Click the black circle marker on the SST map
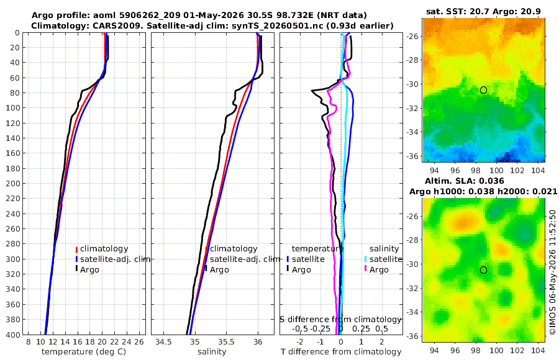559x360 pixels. coord(483,90)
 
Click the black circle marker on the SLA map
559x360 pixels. coord(483,270)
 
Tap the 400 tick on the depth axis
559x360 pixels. coord(13,335)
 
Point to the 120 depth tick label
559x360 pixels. coord(13,123)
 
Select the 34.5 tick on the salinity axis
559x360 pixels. coord(163,342)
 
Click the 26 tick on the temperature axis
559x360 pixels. coord(139,342)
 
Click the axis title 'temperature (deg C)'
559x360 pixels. coord(84,352)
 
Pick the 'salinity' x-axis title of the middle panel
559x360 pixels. coord(212,352)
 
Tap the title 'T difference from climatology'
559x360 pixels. coord(341,352)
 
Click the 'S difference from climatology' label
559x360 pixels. coord(341,320)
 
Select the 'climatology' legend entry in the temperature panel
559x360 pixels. coord(104,249)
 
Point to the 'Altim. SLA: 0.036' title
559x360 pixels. coord(464,181)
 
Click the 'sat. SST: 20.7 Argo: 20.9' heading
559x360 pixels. coord(483,12)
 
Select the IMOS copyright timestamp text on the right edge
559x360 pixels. coord(553,272)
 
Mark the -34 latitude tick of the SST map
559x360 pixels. coord(413,132)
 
